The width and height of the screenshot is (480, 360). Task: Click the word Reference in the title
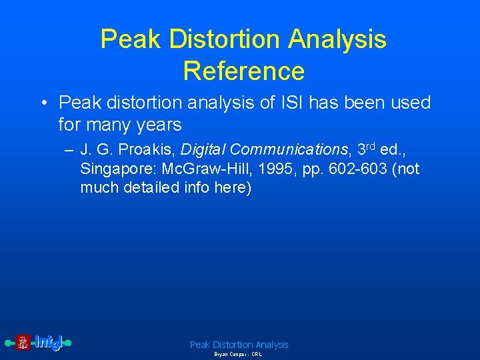pos(243,70)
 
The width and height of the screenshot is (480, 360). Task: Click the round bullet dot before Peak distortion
pos(43,103)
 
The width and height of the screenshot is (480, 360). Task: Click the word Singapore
pos(117,169)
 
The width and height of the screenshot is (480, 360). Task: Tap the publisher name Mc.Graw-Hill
pos(203,169)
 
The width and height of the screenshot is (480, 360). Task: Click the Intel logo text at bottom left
pos(49,343)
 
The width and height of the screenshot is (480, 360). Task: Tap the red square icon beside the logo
pos(23,343)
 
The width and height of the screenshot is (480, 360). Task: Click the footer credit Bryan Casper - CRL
pos(238,355)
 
